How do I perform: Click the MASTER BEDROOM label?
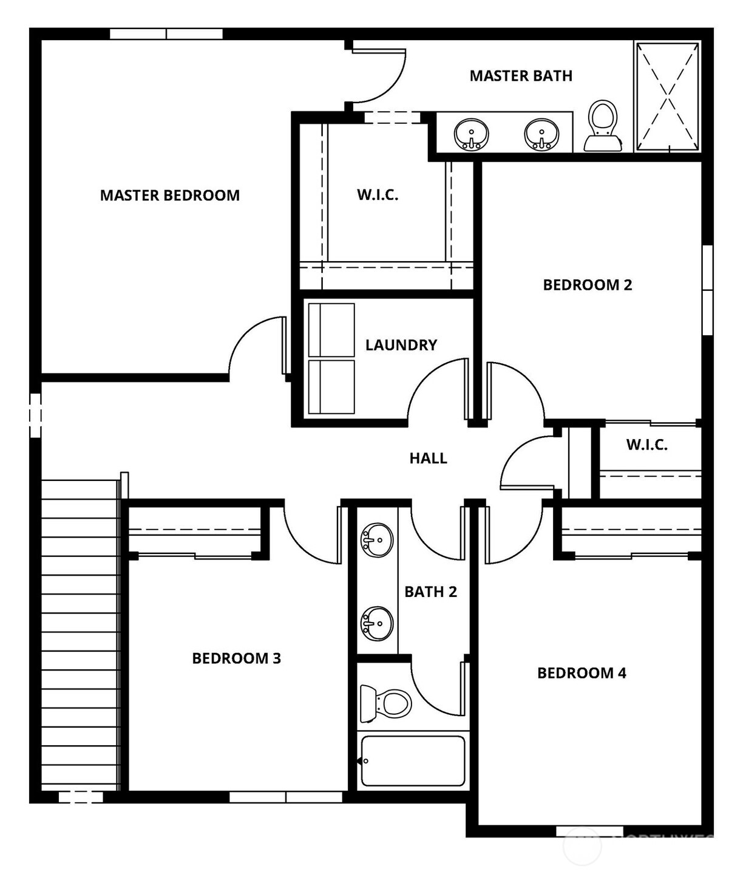point(169,196)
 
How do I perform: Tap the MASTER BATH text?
point(520,76)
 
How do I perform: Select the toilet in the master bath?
point(603,126)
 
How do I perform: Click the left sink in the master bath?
point(471,134)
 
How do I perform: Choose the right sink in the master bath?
point(541,134)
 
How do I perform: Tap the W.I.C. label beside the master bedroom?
point(377,195)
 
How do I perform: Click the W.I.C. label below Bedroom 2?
point(646,445)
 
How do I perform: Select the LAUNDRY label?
point(401,345)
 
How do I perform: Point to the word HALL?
point(428,459)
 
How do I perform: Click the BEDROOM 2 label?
point(587,285)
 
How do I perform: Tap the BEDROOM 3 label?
point(236,658)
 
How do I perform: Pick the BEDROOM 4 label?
point(582,673)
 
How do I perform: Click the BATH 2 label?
point(430,592)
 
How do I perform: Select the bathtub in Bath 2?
point(413,761)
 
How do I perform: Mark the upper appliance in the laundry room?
point(331,330)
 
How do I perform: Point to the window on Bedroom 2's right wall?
point(707,290)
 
